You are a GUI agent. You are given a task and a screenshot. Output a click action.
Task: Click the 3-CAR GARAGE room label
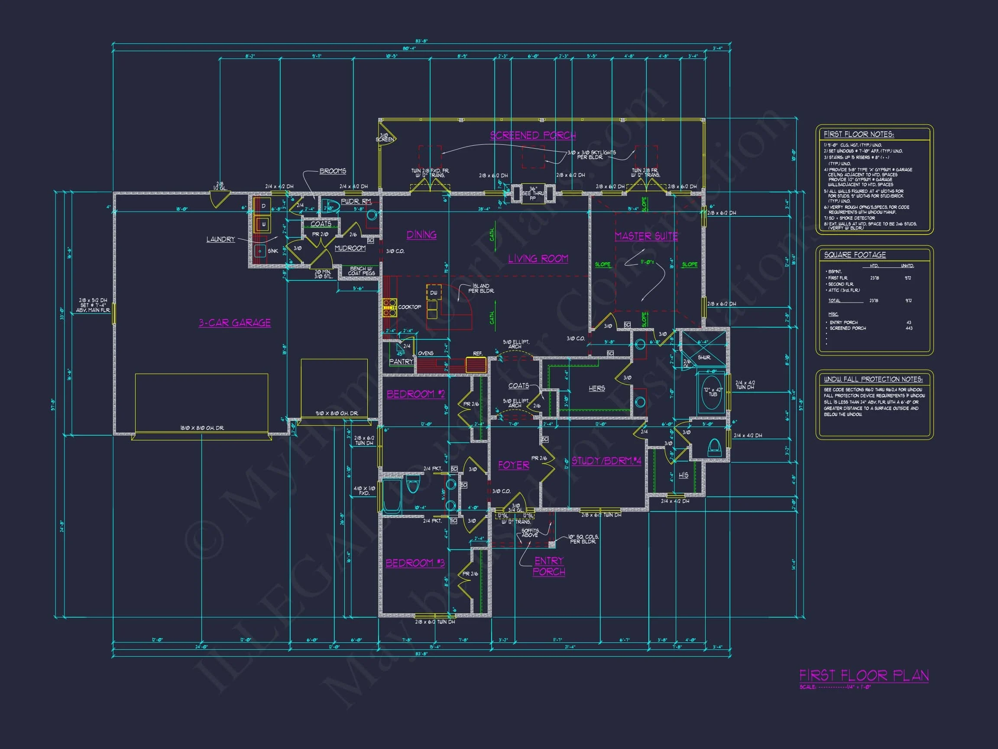235,323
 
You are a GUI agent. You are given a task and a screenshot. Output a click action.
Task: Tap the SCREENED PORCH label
533,135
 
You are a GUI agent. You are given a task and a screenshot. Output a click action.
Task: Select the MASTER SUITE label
646,236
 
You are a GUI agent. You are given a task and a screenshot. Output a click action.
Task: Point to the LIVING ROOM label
538,259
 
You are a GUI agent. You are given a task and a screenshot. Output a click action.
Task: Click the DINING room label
421,235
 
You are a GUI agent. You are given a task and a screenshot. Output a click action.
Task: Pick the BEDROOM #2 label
415,394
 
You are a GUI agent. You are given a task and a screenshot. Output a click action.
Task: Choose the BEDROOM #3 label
415,563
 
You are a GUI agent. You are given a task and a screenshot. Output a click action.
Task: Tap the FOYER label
513,465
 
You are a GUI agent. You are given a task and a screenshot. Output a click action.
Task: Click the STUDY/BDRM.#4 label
606,461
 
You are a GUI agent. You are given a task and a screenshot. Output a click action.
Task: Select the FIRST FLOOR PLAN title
864,675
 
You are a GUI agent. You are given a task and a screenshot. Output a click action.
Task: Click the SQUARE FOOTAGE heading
855,255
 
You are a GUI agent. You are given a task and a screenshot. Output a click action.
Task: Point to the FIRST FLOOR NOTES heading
859,134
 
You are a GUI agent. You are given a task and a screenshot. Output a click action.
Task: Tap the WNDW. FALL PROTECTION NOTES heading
873,379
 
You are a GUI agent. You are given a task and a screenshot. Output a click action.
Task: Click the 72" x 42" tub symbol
711,392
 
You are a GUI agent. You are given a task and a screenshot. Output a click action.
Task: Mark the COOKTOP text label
409,307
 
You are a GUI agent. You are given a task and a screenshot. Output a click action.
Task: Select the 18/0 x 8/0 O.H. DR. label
202,427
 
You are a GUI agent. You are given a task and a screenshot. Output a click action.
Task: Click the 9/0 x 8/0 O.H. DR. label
337,413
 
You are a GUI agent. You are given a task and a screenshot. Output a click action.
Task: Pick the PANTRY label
401,361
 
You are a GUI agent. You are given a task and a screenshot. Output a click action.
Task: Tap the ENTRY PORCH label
549,566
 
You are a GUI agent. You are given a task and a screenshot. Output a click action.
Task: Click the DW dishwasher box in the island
434,293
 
